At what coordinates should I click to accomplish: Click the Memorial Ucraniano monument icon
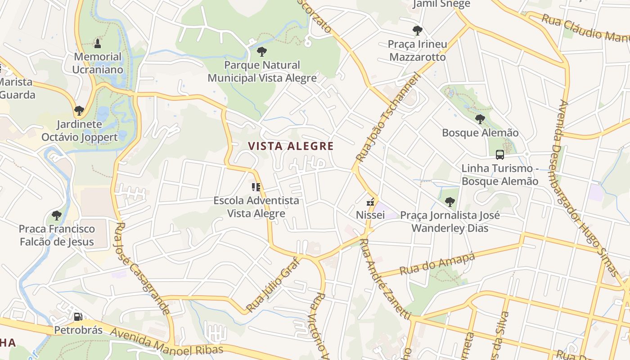click(97, 44)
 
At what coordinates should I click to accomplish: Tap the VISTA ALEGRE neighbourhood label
click(291, 146)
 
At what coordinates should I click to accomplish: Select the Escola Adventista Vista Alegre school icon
click(256, 187)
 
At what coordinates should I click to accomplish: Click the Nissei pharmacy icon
click(370, 202)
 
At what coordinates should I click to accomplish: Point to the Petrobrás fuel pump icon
click(78, 317)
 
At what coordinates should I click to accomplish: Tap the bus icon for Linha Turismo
click(499, 155)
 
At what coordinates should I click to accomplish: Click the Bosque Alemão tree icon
click(480, 119)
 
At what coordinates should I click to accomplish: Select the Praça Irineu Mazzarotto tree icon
click(418, 31)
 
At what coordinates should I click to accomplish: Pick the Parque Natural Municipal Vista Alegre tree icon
click(262, 52)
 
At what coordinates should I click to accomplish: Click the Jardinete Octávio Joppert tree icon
click(79, 110)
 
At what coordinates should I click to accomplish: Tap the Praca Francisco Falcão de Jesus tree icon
click(57, 215)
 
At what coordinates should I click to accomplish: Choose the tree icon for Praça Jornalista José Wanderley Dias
click(450, 202)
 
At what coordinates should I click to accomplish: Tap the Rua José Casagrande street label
click(143, 268)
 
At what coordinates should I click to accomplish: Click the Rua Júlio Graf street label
click(273, 284)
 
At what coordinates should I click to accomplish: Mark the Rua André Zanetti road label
click(386, 279)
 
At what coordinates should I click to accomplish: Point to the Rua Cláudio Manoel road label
click(585, 28)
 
